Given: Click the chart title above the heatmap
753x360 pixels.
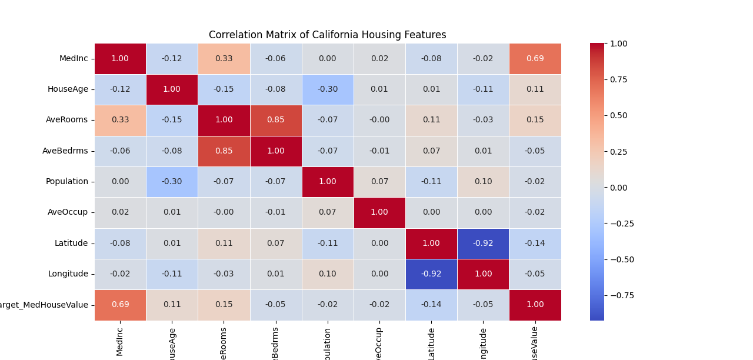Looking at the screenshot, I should pyautogui.click(x=327, y=35).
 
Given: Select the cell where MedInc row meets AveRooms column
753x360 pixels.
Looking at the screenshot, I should pyautogui.click(x=224, y=59).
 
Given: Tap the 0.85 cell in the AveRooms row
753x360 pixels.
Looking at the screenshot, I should pyautogui.click(x=275, y=120).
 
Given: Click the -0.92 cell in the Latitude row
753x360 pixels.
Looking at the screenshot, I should pyautogui.click(x=483, y=243).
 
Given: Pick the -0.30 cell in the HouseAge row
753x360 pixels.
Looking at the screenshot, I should pyautogui.click(x=328, y=89).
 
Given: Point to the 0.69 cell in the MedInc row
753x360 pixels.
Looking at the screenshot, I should pyautogui.click(x=535, y=59).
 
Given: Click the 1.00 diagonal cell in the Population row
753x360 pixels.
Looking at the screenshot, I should pyautogui.click(x=328, y=182).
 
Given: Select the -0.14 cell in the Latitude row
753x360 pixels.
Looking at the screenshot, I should pyautogui.click(x=535, y=243).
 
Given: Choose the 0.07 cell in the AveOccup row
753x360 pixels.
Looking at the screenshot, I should pyautogui.click(x=328, y=212).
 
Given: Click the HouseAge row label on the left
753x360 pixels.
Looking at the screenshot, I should pyautogui.click(x=68, y=89).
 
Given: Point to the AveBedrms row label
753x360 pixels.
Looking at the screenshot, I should pyautogui.click(x=65, y=151).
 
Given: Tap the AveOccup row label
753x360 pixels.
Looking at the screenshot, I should pyautogui.click(x=67, y=212).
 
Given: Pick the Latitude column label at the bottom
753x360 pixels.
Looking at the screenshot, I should pyautogui.click(x=431, y=340).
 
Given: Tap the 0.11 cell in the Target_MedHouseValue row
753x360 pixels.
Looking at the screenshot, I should pyautogui.click(x=172, y=305).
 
